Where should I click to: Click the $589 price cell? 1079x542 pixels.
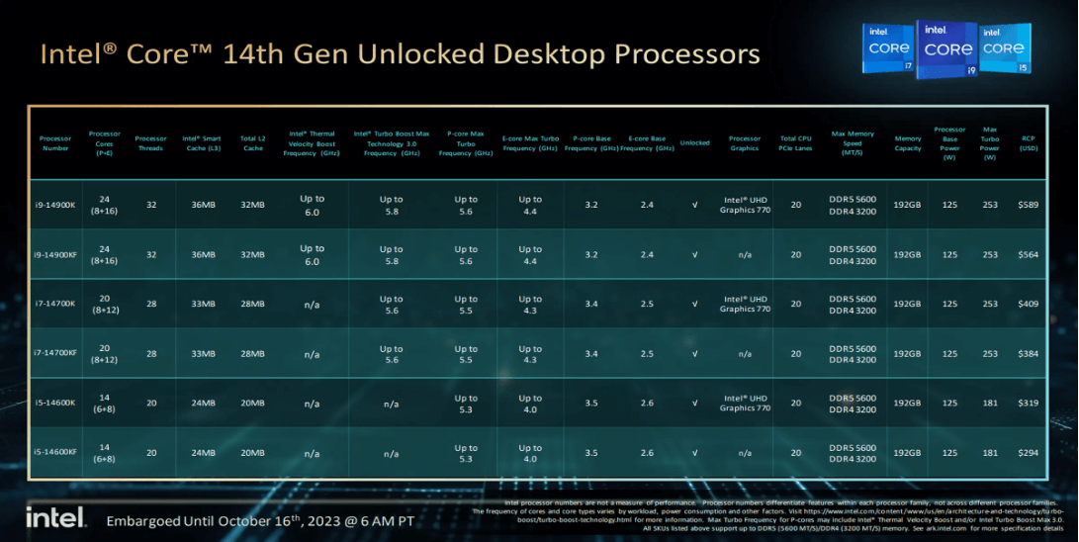pos(1029,205)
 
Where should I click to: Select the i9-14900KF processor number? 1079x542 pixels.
pos(56,254)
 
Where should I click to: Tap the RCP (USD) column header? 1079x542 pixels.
pos(1029,142)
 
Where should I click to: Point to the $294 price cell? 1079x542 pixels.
pos(1029,452)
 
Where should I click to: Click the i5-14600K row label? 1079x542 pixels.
pos(56,403)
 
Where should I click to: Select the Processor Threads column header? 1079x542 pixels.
pos(150,142)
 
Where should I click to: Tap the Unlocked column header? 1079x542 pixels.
pos(694,142)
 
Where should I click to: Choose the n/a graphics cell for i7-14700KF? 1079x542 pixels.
pos(745,353)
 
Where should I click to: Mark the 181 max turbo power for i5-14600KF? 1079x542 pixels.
pos(990,452)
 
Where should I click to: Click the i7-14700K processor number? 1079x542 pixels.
pos(56,304)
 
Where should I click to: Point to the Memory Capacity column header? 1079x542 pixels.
pos(908,142)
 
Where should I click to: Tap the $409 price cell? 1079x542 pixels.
pos(1029,304)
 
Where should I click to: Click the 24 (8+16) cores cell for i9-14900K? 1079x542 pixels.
pos(104,205)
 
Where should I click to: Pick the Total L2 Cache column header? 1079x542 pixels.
pos(252,142)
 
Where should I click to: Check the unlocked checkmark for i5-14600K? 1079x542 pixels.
pos(694,403)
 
